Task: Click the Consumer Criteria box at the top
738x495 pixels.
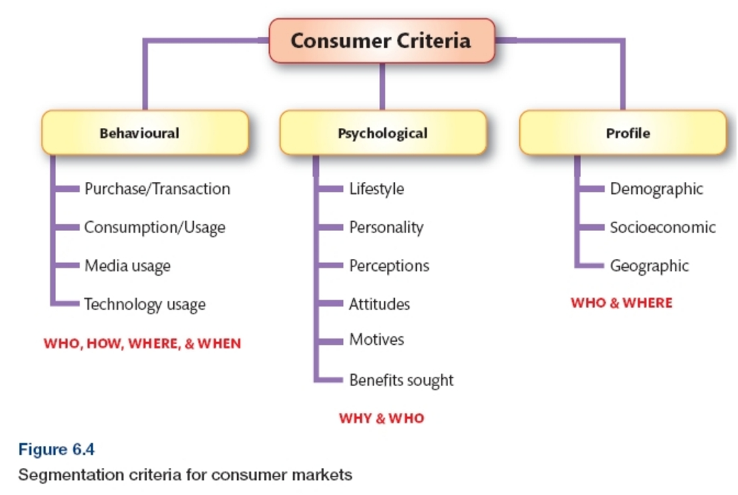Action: tap(381, 41)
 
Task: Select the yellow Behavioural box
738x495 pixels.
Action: tap(145, 133)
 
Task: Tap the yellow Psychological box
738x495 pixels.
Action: tap(383, 133)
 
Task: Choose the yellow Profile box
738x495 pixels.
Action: tap(622, 133)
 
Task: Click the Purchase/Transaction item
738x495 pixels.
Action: tap(157, 189)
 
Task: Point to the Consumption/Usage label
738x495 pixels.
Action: tap(155, 228)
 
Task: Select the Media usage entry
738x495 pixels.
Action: tap(127, 266)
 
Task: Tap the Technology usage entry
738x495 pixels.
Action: tap(144, 305)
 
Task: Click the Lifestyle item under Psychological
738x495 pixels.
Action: tap(377, 189)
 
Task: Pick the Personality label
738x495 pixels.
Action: tap(386, 228)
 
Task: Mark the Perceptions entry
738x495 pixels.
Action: tap(389, 266)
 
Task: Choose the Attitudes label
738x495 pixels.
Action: tap(379, 304)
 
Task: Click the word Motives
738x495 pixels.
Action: tap(377, 340)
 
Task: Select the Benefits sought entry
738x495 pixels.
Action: tap(401, 380)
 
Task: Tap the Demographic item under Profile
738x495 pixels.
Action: tap(656, 189)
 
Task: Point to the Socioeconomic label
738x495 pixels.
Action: tap(663, 228)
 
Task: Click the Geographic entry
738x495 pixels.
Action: tap(649, 266)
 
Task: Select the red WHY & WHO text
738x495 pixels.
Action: tap(381, 419)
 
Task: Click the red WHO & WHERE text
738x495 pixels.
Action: tap(621, 303)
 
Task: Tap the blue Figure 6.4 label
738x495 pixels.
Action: tap(56, 450)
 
